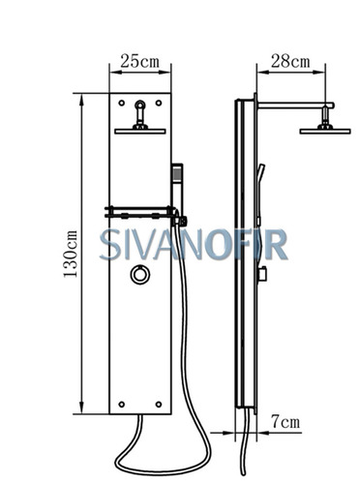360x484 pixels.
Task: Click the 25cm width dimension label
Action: click(x=140, y=61)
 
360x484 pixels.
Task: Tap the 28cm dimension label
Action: click(x=290, y=61)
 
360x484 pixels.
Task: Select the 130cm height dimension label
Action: click(x=71, y=254)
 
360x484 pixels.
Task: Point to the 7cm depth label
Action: click(x=285, y=421)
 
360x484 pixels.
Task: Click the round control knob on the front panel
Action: click(x=140, y=275)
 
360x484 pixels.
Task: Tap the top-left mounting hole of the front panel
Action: click(x=122, y=103)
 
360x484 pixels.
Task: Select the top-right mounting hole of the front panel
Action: click(x=159, y=103)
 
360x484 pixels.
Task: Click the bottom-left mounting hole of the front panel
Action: click(x=122, y=404)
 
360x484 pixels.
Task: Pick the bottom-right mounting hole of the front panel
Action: click(x=159, y=404)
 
